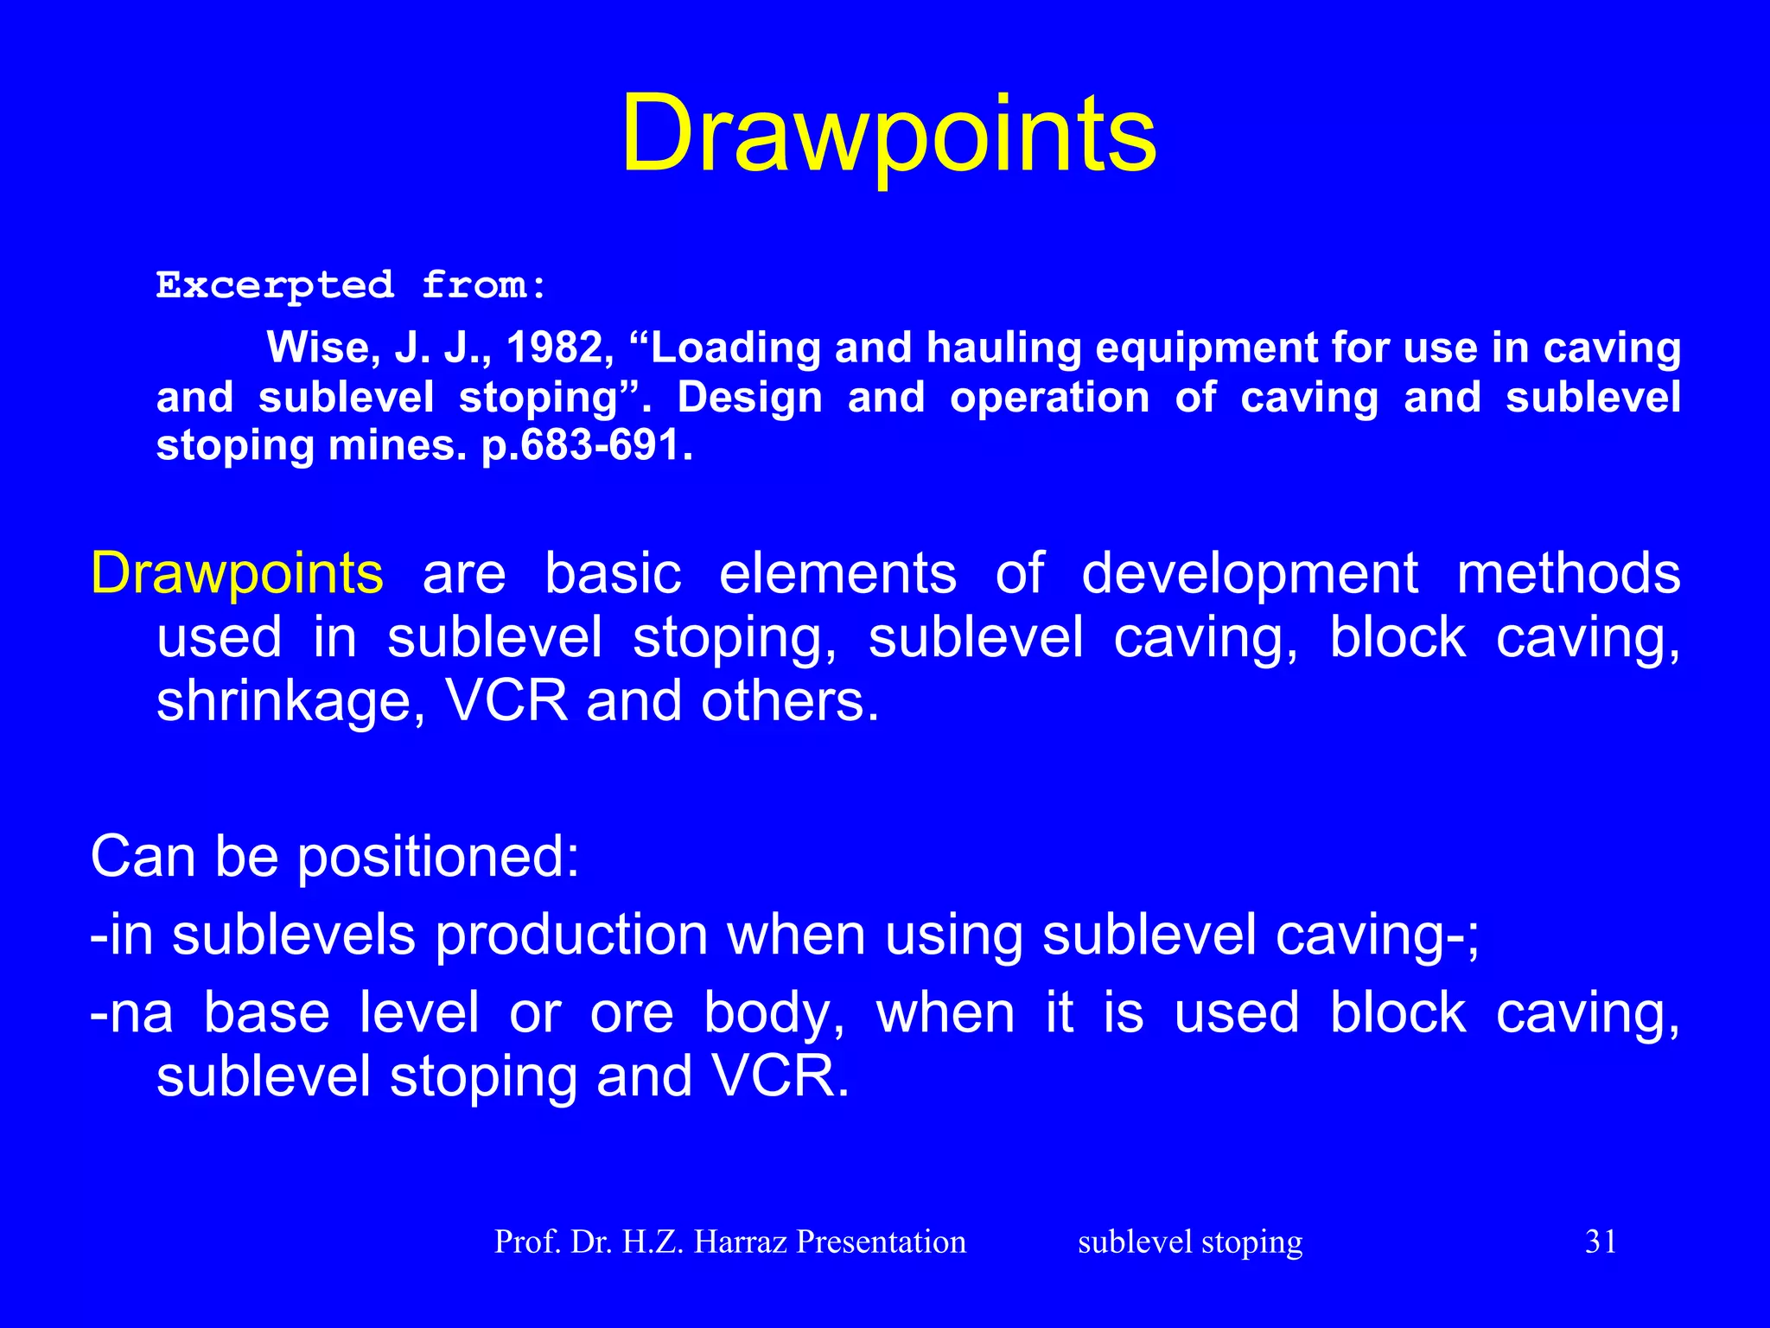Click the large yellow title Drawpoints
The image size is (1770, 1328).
pyautogui.click(x=888, y=135)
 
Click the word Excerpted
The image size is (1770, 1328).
pyautogui.click(x=275, y=284)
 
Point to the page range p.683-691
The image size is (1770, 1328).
pyautogui.click(x=587, y=446)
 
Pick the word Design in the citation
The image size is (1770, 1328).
pyautogui.click(x=748, y=398)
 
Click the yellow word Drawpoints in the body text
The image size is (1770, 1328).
pyautogui.click(x=237, y=572)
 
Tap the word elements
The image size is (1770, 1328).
pyautogui.click(x=837, y=572)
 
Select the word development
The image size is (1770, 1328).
pyautogui.click(x=1250, y=572)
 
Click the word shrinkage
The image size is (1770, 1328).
pyautogui.click(x=290, y=700)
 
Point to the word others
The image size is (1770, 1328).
pyautogui.click(x=789, y=700)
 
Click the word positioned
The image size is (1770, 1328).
pyautogui.click(x=438, y=856)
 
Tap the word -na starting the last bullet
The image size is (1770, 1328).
pyautogui.click(x=131, y=1013)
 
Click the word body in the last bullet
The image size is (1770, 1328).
pyautogui.click(x=774, y=1013)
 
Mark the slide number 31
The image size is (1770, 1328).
pyautogui.click(x=1601, y=1242)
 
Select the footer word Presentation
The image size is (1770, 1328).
pyautogui.click(x=881, y=1242)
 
